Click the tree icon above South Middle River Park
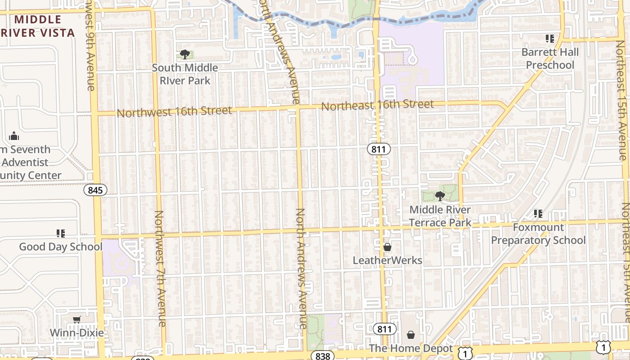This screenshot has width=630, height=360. point(184,54)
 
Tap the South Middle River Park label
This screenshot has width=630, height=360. point(185,74)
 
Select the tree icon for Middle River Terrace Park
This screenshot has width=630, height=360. point(440,196)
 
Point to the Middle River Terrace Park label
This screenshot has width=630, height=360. point(440,216)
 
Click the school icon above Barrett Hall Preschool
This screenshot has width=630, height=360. point(549,39)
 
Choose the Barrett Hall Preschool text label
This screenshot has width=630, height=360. point(550,58)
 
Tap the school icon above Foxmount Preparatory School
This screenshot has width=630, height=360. point(538,213)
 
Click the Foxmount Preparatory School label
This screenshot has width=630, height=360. point(538,234)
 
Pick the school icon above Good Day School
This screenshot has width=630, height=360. point(61,233)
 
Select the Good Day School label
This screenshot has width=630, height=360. point(61,247)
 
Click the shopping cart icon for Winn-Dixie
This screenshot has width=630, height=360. point(77,319)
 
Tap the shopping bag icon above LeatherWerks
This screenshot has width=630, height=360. point(387,247)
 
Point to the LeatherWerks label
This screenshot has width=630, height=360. point(387,260)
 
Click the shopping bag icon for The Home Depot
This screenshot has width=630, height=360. point(410,335)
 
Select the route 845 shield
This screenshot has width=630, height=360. point(95,190)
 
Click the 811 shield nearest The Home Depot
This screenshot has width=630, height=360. point(384,329)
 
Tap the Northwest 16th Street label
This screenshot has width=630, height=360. point(175,111)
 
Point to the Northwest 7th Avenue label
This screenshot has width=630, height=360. point(161,269)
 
